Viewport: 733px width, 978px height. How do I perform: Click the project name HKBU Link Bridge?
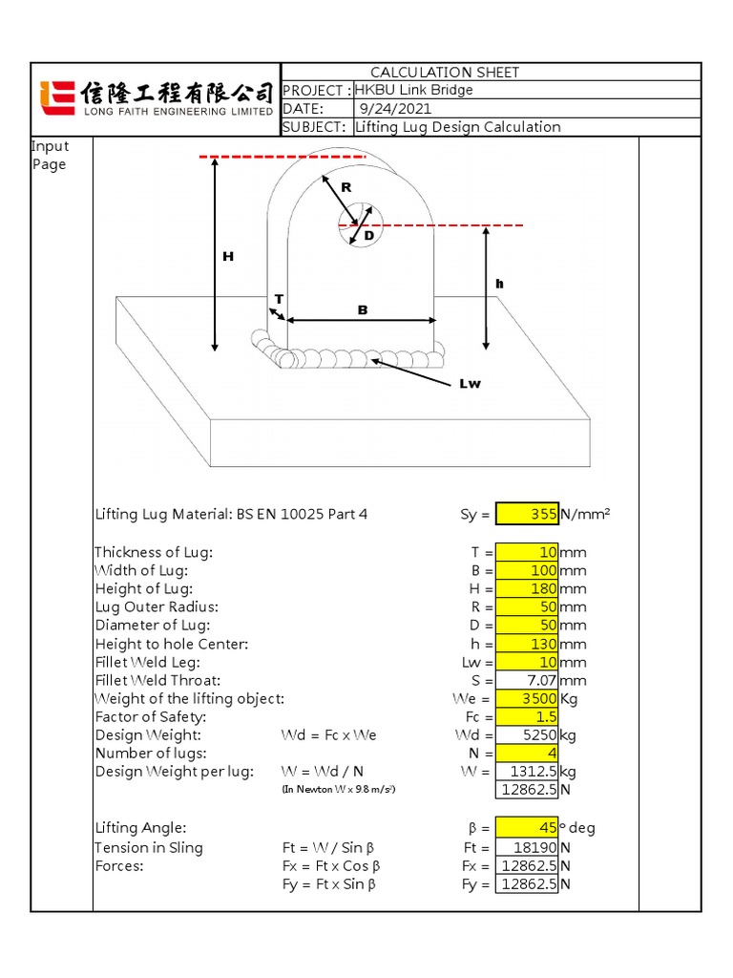(414, 90)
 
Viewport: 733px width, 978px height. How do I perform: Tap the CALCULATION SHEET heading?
(445, 73)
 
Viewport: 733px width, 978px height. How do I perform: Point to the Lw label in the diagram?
(470, 384)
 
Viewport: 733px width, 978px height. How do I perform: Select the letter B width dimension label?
(362, 309)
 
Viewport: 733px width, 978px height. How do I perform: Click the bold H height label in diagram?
(227, 256)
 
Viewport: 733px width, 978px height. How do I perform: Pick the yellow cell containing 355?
(528, 514)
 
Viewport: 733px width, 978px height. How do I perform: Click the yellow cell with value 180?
(528, 588)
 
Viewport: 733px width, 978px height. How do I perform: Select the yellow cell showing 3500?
(528, 699)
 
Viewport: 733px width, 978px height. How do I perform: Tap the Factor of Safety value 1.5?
(528, 717)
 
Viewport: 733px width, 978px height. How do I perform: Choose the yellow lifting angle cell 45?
(528, 828)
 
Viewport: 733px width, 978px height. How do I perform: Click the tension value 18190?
(528, 847)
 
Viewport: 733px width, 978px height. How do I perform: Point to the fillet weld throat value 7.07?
(528, 681)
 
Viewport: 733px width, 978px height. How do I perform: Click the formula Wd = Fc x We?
(328, 735)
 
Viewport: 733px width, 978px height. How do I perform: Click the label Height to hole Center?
(171, 644)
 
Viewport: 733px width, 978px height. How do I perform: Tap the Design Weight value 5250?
(528, 735)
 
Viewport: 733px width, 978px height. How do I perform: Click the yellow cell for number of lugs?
(528, 754)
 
